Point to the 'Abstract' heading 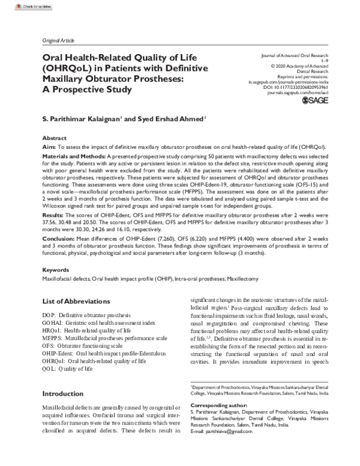pyautogui.click(x=55, y=138)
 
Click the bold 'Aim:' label pyautogui.click(x=49, y=146)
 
